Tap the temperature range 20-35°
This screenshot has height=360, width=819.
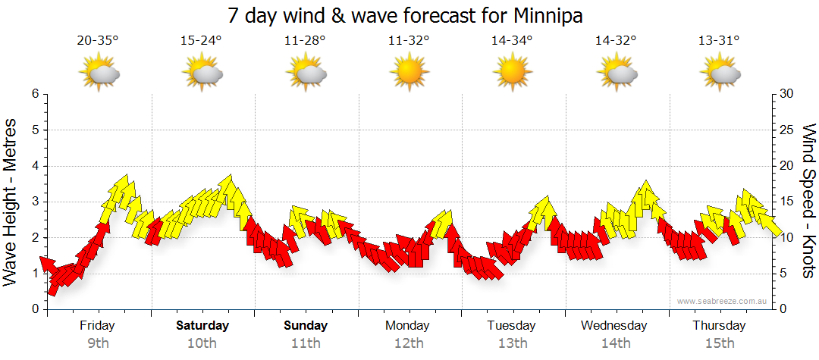[98, 41]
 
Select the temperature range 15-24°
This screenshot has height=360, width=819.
[201, 41]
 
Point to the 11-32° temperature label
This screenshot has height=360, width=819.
[409, 41]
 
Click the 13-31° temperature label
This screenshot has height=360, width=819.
[719, 41]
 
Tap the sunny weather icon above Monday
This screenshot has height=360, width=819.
[409, 74]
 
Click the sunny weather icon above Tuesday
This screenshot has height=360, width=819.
[512, 74]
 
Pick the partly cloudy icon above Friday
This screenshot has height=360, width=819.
[99, 74]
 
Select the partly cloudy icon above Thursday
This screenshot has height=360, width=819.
[720, 74]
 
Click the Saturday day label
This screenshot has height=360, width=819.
[202, 326]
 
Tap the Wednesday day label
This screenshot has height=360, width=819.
[614, 326]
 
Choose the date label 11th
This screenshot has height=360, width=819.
[306, 343]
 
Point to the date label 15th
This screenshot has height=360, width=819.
[719, 343]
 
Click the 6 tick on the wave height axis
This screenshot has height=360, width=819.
[34, 94]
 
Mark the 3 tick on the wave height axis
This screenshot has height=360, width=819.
[34, 202]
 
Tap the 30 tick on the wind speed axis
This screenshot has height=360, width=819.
[787, 94]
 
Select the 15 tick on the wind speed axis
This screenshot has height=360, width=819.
[787, 202]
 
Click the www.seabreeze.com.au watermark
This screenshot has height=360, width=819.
[723, 301]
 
